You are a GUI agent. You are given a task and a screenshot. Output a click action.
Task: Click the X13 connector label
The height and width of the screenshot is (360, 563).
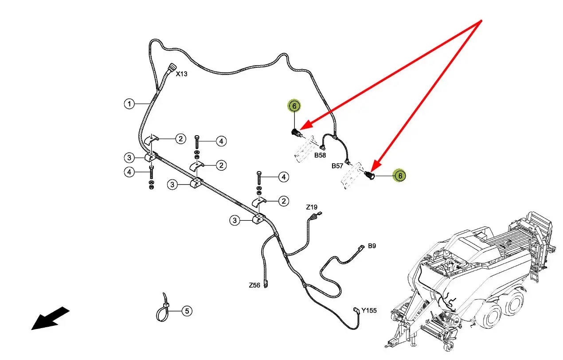(x=181, y=74)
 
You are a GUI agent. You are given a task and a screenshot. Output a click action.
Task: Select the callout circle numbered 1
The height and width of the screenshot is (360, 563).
(x=129, y=104)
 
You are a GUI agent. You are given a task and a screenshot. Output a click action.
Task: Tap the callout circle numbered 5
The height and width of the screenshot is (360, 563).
(x=187, y=311)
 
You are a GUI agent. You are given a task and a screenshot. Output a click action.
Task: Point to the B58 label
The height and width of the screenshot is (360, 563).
(x=320, y=156)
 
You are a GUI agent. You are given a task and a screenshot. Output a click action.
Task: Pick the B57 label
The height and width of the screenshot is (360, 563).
(x=337, y=166)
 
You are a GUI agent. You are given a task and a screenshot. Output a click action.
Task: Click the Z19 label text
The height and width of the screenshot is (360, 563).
(x=312, y=207)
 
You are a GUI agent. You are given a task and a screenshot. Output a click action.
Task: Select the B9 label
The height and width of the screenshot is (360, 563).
(x=372, y=246)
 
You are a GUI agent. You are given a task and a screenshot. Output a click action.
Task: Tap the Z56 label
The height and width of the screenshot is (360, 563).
(x=254, y=286)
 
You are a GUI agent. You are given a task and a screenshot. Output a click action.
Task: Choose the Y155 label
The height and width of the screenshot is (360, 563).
(x=369, y=310)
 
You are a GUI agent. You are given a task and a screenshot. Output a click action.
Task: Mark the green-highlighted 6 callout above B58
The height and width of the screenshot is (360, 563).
(x=293, y=106)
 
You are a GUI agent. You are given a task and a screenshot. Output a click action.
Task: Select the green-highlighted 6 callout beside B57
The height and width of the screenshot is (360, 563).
(x=400, y=176)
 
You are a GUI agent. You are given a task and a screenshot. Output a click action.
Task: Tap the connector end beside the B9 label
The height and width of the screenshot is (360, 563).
(x=360, y=249)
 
